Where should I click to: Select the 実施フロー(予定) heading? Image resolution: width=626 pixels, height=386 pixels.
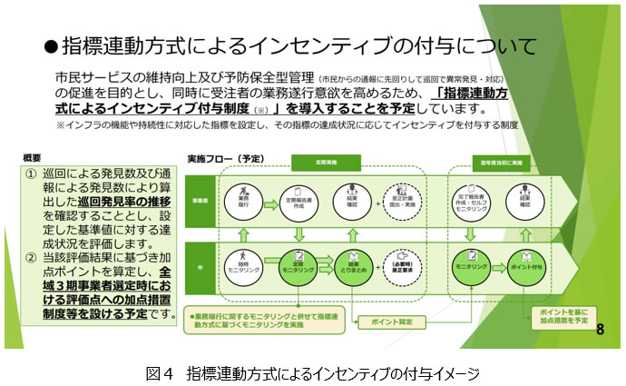click(x=218, y=156)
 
